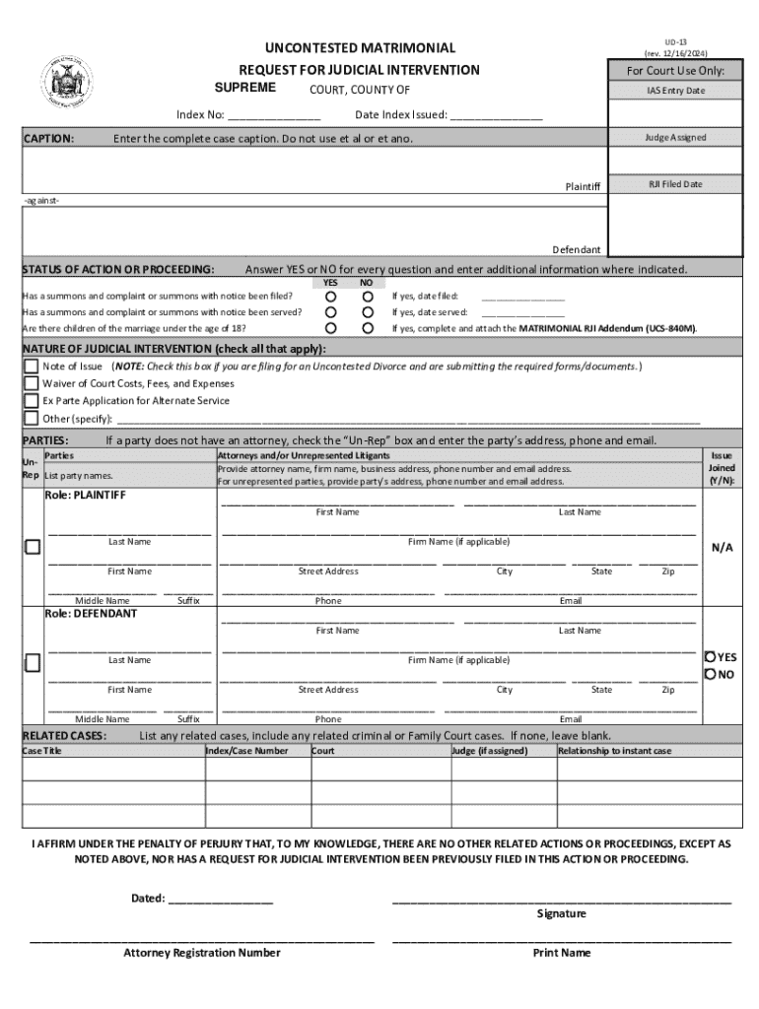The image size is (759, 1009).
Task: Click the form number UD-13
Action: (x=675, y=42)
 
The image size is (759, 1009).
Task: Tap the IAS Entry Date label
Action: (x=675, y=91)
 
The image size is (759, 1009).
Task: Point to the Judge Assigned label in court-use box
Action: (x=675, y=137)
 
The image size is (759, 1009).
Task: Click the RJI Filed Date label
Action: (x=675, y=184)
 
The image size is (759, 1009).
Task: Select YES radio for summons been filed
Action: (x=331, y=296)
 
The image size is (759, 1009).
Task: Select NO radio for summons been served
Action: (x=367, y=311)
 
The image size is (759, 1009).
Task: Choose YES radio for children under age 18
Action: (x=331, y=327)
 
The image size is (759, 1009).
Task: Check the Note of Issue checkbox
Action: (x=32, y=367)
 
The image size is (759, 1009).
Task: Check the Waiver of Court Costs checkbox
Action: (x=32, y=383)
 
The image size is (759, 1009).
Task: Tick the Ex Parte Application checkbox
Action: (x=32, y=401)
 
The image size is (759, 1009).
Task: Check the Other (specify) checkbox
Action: (x=32, y=418)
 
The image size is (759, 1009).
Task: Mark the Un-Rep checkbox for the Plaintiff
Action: (x=33, y=547)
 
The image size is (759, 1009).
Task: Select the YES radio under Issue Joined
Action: (x=710, y=656)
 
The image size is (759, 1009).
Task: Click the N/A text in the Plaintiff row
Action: (x=722, y=548)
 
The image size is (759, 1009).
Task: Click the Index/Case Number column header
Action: (x=246, y=751)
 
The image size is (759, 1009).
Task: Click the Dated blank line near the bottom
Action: (x=221, y=898)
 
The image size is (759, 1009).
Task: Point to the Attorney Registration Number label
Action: (x=201, y=953)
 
